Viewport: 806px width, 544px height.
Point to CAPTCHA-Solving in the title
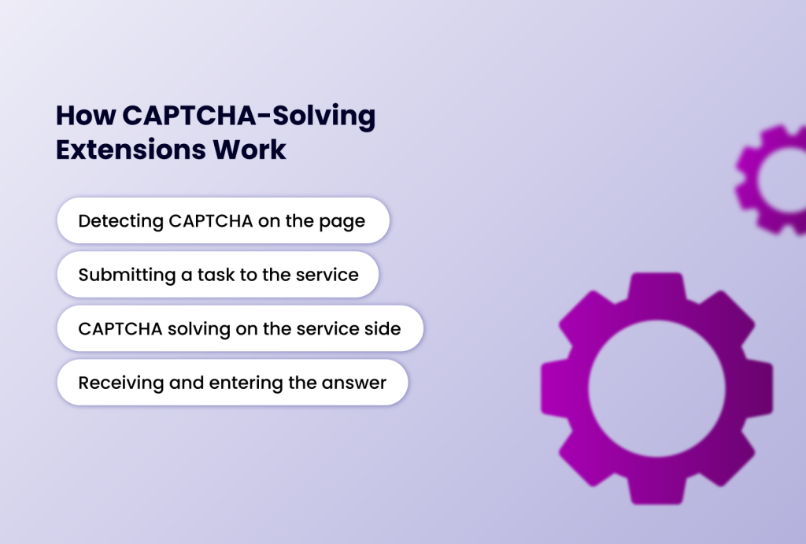(x=248, y=117)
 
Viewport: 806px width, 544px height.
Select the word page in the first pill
(x=343, y=221)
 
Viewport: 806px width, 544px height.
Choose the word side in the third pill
(x=383, y=328)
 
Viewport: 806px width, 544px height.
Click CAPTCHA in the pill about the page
(x=210, y=220)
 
